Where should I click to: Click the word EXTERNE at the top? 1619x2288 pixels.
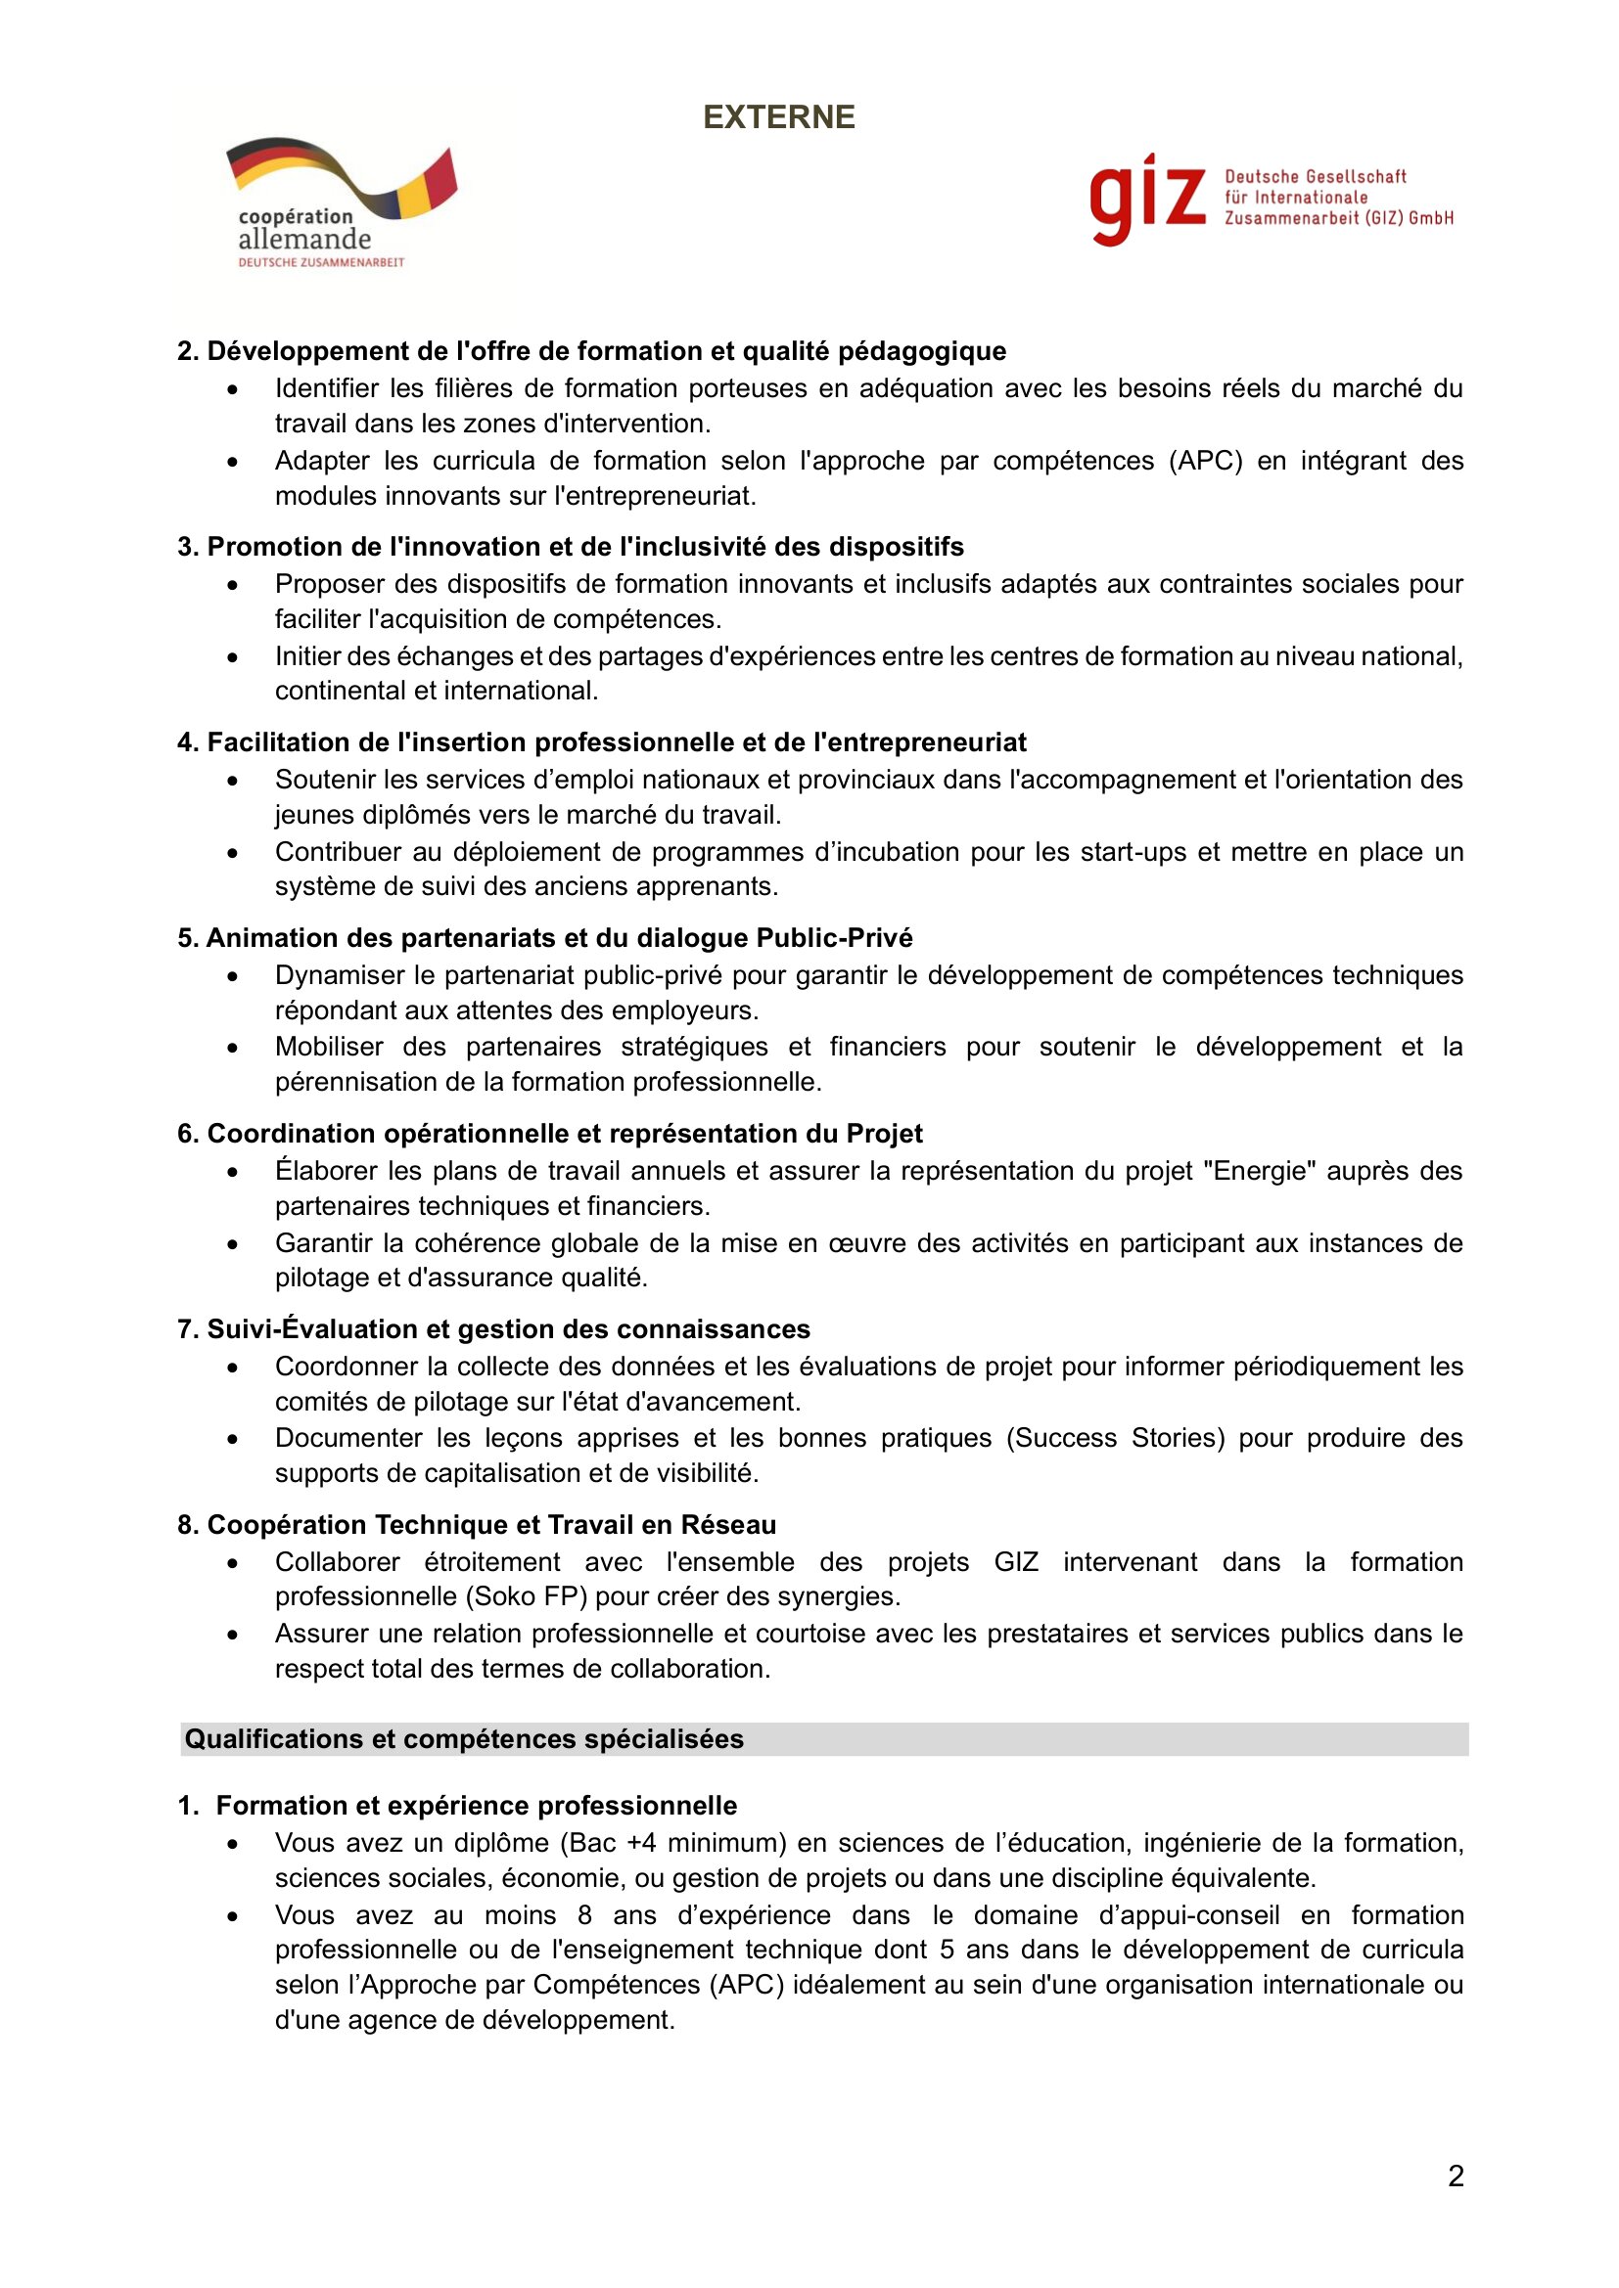coord(778,117)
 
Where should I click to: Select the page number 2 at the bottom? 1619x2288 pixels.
coord(1456,2176)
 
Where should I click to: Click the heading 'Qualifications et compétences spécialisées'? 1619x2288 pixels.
coord(465,1739)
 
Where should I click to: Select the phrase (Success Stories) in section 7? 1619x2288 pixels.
coord(1116,1438)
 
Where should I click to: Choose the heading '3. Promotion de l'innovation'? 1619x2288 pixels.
coord(571,547)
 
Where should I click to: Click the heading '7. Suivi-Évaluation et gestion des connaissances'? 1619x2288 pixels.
coord(493,1329)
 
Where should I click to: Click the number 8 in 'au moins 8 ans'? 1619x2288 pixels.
coord(584,1915)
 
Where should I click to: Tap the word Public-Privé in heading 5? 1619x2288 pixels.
coord(834,939)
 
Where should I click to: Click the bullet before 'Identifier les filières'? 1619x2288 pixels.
coord(232,389)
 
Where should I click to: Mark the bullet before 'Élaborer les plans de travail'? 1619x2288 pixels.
coord(232,1172)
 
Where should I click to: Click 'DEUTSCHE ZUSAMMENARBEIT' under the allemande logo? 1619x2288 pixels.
coord(321,262)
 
